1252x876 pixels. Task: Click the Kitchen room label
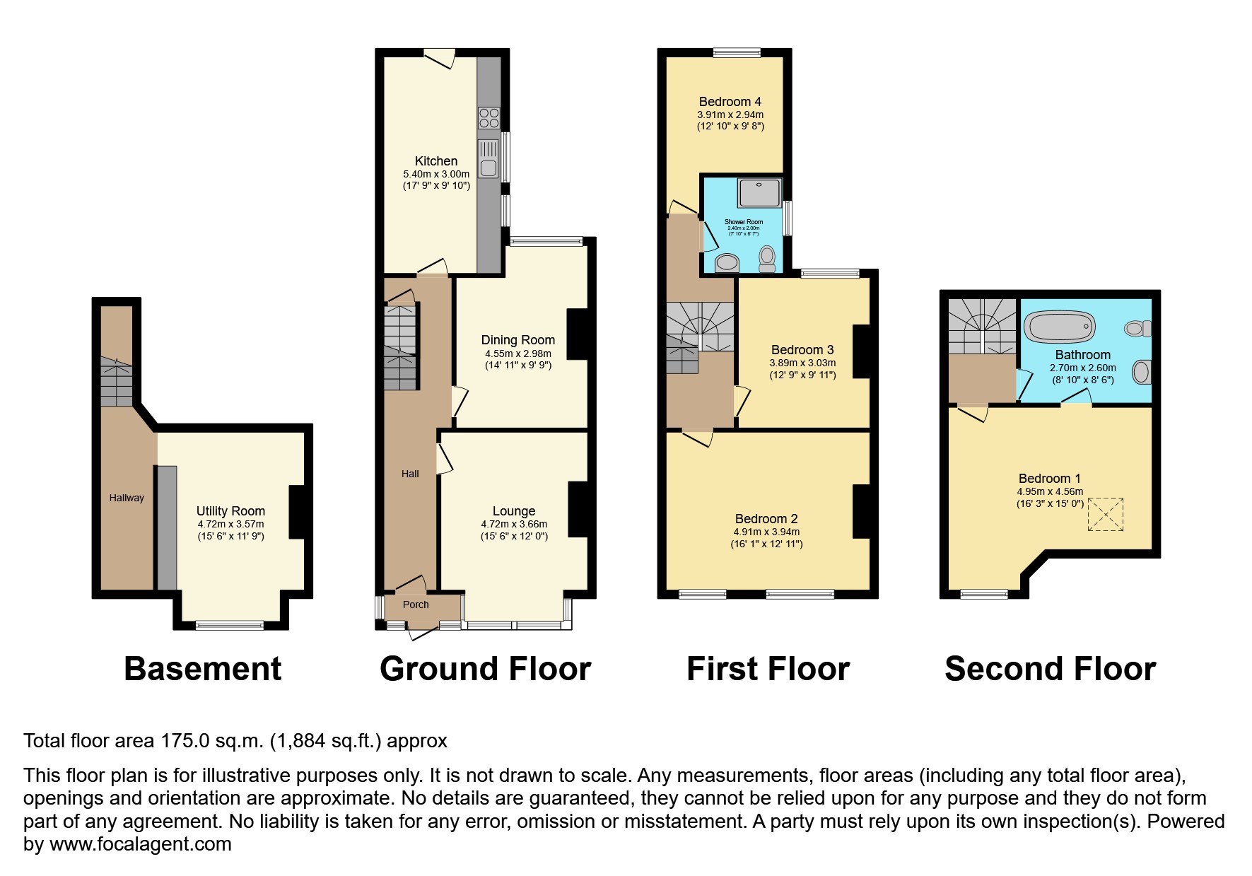(435, 161)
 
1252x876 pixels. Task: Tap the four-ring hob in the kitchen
(488, 117)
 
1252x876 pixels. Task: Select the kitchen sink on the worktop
(488, 158)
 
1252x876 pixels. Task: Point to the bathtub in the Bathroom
(1060, 328)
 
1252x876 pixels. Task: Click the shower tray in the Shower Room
(759, 192)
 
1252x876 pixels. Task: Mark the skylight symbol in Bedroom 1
(1105, 515)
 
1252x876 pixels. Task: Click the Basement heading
(202, 669)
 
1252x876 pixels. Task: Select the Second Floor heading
(1050, 669)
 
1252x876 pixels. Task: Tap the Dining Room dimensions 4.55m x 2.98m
(517, 354)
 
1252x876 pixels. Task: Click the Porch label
(416, 605)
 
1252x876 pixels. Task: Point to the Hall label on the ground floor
(410, 474)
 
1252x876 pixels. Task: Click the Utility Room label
(230, 511)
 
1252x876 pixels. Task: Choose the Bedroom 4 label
(730, 102)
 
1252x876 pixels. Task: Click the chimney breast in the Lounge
(578, 508)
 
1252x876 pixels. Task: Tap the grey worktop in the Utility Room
(167, 527)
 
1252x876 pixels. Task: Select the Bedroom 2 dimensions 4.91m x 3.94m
(766, 532)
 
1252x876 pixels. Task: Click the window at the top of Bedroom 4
(737, 52)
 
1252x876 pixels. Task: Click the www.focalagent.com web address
(140, 844)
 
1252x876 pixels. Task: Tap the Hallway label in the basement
(127, 498)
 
